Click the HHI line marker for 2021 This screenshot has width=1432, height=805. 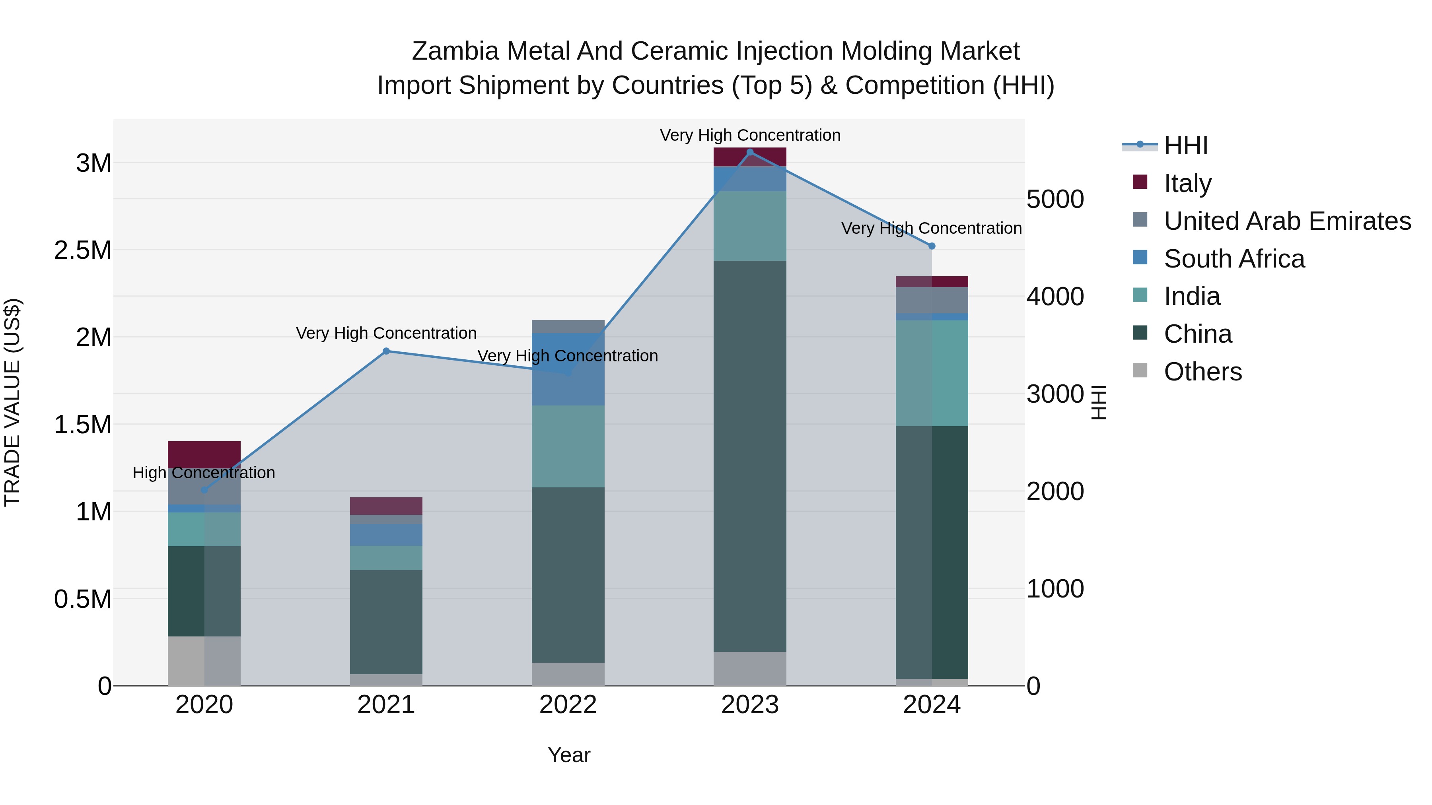pos(386,351)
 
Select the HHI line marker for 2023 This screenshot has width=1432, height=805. pos(750,152)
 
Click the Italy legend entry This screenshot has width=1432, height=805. pos(1187,183)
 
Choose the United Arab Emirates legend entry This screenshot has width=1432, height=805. pos(1287,221)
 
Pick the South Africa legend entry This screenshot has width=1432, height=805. pos(1234,259)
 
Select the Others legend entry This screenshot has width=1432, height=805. pos(1202,372)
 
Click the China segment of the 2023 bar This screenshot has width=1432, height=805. pos(750,456)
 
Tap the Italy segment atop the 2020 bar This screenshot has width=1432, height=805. pos(204,454)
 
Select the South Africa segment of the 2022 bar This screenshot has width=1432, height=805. pos(568,369)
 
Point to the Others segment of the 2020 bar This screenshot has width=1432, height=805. pos(204,661)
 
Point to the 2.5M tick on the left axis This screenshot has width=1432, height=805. pos(82,250)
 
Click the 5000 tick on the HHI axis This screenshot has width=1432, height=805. pos(1055,200)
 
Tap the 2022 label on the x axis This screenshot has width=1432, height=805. pos(568,705)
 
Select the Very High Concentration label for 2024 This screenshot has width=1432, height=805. pos(931,228)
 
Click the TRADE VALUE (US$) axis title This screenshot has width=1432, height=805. pos(12,402)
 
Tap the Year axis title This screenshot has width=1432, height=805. pos(569,755)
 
